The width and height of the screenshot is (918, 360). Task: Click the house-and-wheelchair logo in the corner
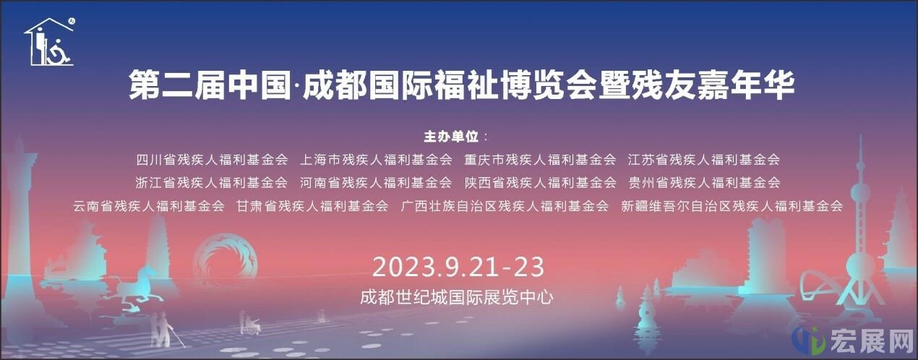click(x=50, y=42)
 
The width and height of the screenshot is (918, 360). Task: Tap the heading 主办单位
click(x=451, y=136)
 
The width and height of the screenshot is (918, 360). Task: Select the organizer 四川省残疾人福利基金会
click(x=212, y=160)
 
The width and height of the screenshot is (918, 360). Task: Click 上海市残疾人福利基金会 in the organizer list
click(x=376, y=160)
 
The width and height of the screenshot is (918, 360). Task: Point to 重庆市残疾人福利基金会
click(x=540, y=160)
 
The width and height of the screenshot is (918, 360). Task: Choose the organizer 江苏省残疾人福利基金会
click(x=703, y=160)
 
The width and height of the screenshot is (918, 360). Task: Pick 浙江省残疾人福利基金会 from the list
click(x=212, y=182)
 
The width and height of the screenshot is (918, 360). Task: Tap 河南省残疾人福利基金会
click(x=376, y=182)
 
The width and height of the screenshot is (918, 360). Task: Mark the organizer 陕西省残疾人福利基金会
click(x=540, y=182)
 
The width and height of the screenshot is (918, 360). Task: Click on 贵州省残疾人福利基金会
click(x=704, y=182)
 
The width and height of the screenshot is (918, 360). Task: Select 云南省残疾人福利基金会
click(x=149, y=206)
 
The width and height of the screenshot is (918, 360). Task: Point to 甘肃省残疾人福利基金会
click(x=312, y=206)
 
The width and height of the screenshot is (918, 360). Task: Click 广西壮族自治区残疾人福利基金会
click(x=505, y=206)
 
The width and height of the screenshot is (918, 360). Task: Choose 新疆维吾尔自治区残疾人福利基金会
click(x=732, y=206)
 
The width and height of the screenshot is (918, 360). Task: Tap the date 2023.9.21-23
click(x=458, y=267)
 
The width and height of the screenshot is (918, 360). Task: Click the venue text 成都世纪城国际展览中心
click(x=457, y=297)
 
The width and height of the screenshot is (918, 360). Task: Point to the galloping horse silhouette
click(x=137, y=283)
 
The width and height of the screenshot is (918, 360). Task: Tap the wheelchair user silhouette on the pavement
click(x=250, y=324)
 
